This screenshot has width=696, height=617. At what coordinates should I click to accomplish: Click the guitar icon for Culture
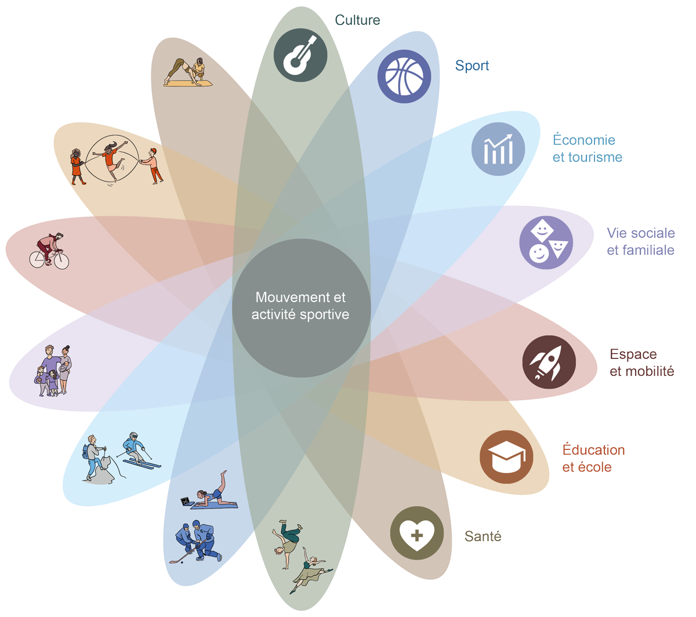click(300, 55)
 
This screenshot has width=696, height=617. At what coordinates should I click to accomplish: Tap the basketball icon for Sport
click(404, 77)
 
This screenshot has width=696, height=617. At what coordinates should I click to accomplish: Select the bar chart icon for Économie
click(498, 149)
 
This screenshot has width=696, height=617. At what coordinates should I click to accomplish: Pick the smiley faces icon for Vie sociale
click(546, 242)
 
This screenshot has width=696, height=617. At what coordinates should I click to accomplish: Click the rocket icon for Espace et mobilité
click(549, 362)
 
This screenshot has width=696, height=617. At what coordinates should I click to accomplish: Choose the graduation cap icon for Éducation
click(506, 457)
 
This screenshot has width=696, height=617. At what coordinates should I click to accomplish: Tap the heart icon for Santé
click(416, 533)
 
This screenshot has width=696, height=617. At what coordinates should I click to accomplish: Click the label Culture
click(357, 20)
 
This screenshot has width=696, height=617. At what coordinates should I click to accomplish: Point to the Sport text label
click(472, 66)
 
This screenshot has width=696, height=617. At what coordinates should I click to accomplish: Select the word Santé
click(483, 536)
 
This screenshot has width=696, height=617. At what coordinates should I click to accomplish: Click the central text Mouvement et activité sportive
click(300, 306)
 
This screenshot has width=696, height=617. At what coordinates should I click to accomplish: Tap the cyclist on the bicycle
click(50, 251)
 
